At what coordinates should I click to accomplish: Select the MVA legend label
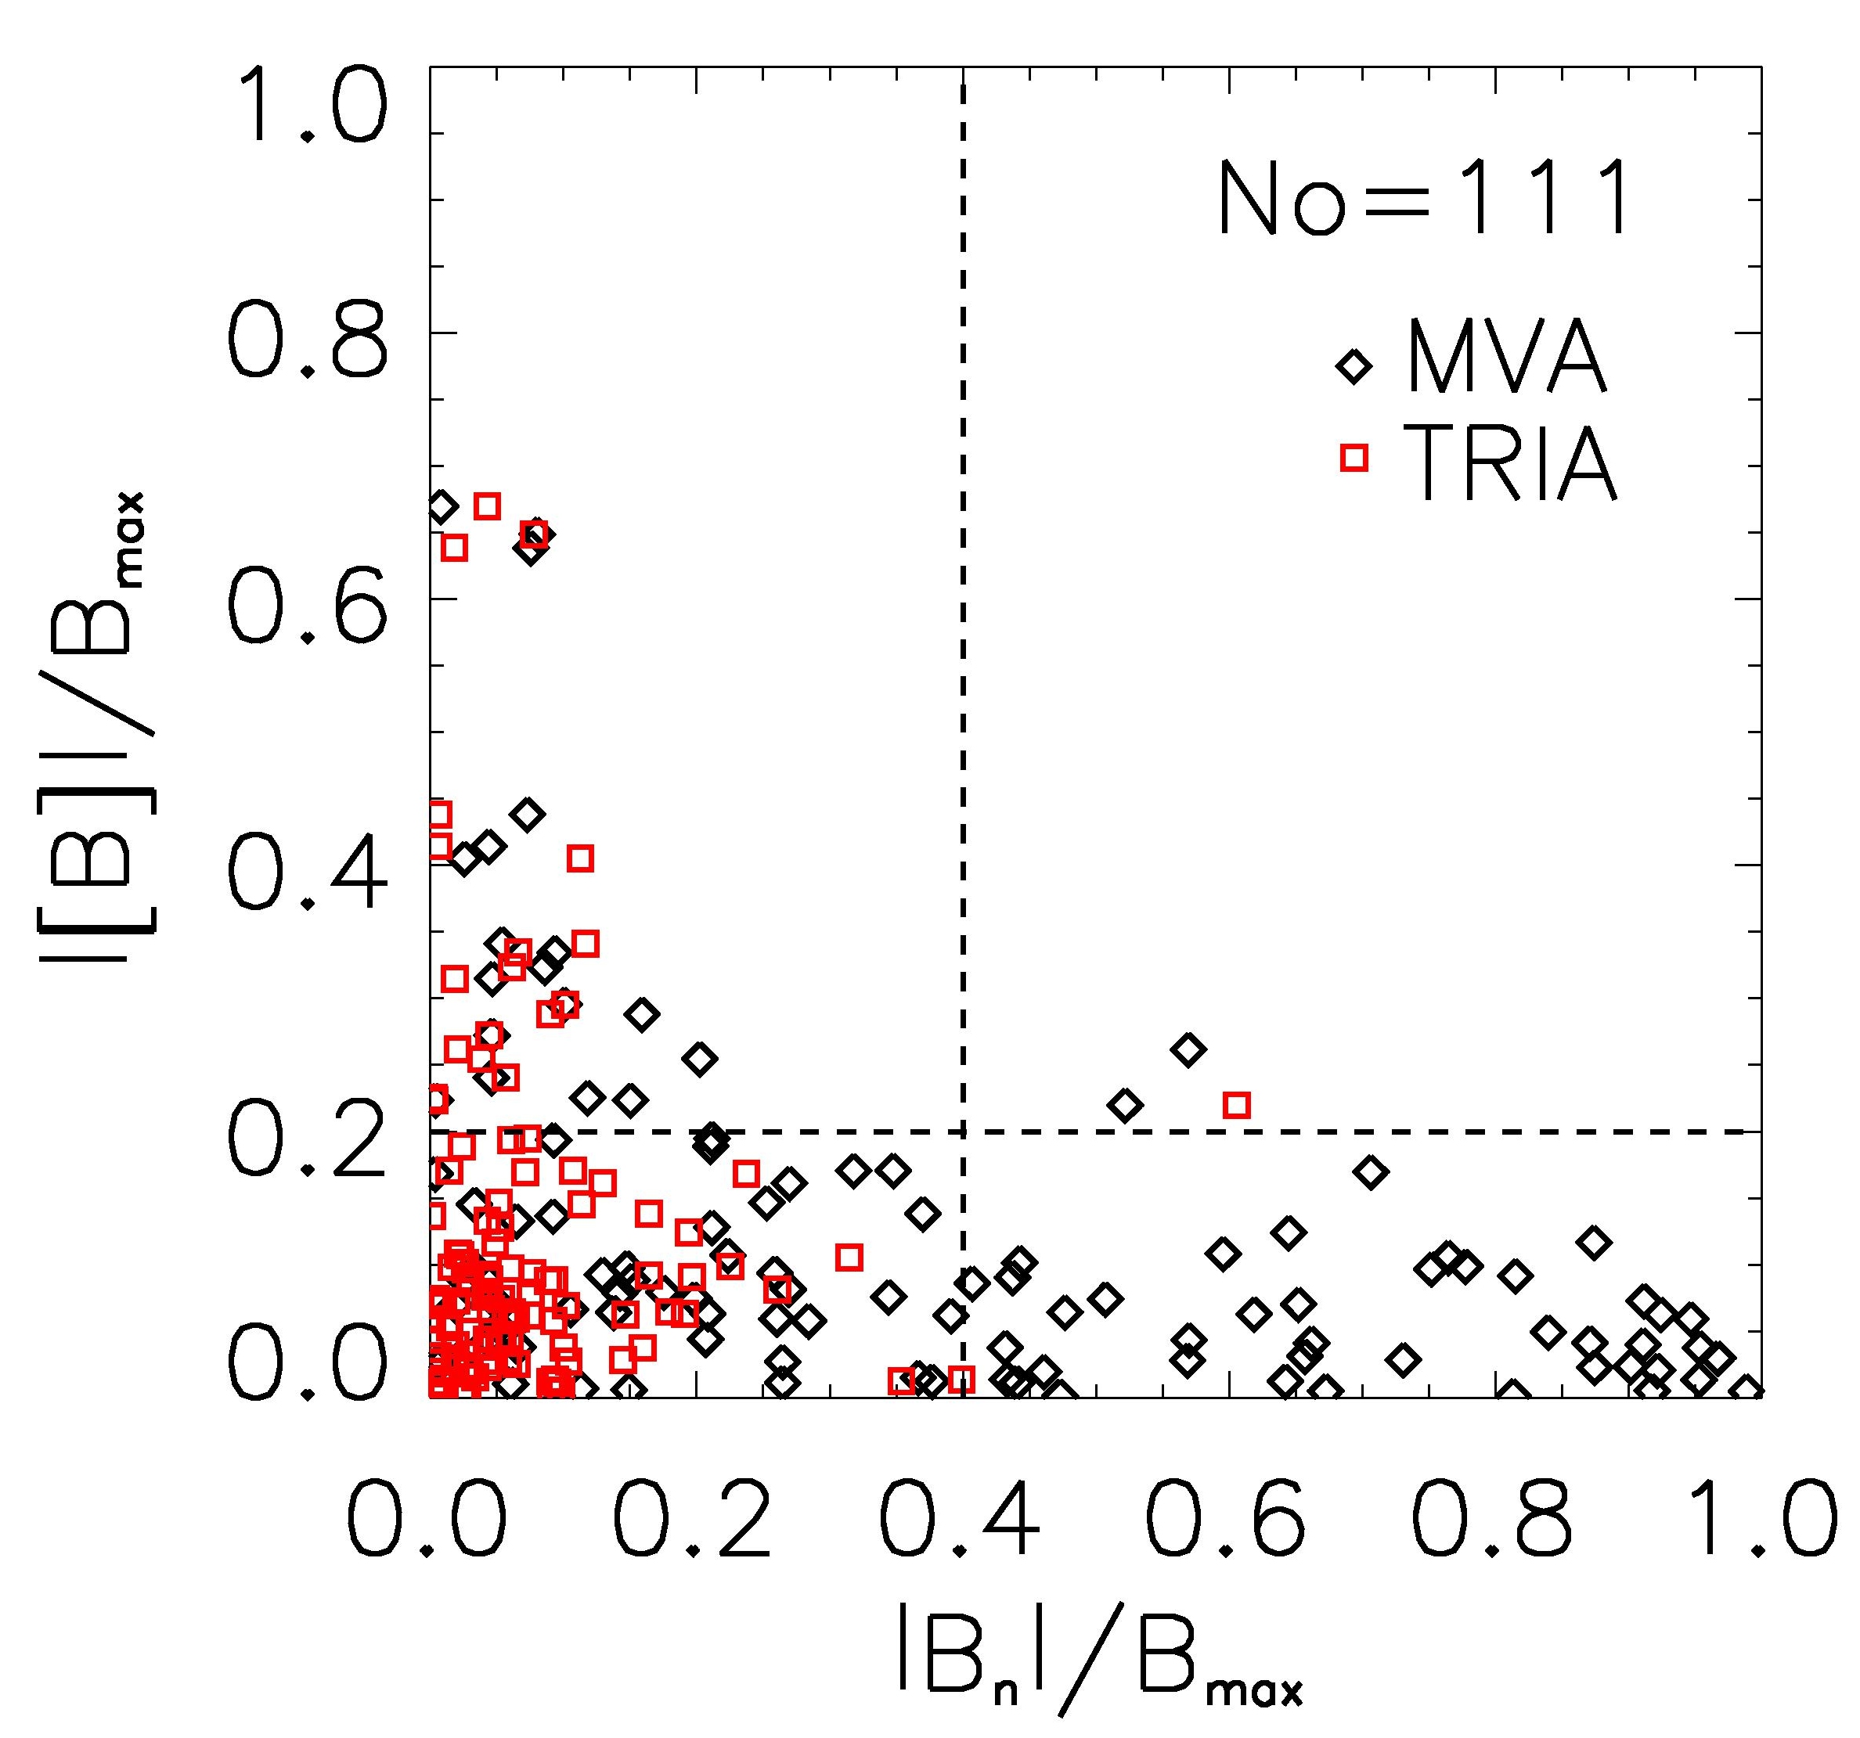point(1506,358)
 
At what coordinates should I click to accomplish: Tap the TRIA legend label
point(1511,465)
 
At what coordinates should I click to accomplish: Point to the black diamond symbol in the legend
point(1354,365)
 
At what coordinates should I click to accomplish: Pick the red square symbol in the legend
point(1354,458)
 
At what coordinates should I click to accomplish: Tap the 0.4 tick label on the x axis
point(961,1521)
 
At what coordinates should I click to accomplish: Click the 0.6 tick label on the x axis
point(1227,1521)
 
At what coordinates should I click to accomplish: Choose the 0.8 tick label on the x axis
point(1492,1521)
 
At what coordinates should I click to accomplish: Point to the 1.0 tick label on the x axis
point(1759,1521)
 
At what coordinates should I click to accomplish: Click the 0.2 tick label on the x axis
point(695,1521)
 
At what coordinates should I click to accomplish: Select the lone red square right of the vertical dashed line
point(1237,1106)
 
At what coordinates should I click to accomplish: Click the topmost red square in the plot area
point(486,506)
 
